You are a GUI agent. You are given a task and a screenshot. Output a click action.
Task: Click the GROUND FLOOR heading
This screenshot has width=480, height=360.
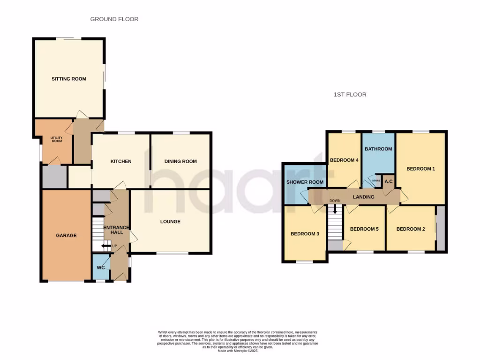click(x=114, y=19)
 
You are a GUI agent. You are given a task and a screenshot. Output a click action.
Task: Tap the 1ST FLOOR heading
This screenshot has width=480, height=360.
click(x=350, y=95)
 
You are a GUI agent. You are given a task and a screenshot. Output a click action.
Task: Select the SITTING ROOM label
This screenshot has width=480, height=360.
click(x=69, y=79)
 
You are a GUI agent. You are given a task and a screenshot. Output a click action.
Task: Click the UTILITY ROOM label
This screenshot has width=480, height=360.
click(x=56, y=139)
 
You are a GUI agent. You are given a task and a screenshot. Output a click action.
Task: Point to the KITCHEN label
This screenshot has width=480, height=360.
click(x=121, y=162)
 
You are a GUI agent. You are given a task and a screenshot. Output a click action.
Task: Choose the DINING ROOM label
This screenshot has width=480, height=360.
click(x=180, y=162)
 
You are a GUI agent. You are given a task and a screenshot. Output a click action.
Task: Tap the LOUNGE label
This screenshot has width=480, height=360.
click(x=170, y=222)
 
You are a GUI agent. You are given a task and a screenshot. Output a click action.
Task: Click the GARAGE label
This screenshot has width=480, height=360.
click(x=66, y=235)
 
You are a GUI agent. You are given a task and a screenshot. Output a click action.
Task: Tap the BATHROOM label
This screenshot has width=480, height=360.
click(x=378, y=149)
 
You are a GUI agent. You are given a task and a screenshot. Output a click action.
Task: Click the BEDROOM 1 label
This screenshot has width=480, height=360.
click(x=420, y=169)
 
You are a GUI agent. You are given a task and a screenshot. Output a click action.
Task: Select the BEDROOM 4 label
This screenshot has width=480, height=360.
click(x=344, y=160)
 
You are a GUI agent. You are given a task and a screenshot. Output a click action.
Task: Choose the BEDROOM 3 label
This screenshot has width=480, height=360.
click(x=305, y=233)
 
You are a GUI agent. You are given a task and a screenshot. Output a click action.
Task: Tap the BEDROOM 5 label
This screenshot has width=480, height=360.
click(x=364, y=229)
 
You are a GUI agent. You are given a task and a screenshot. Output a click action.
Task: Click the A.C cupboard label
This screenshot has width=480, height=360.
click(x=389, y=181)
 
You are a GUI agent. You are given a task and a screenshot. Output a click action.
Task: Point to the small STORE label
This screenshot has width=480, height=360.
click(x=376, y=180)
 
